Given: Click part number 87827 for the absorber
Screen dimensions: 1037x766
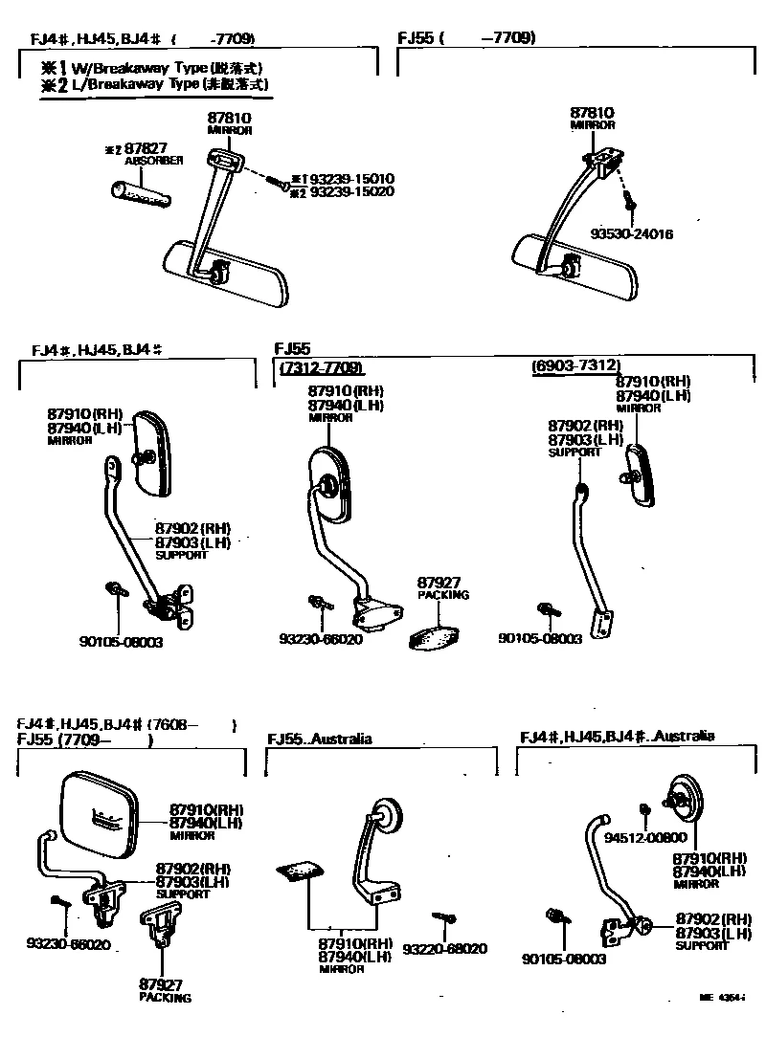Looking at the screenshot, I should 147,148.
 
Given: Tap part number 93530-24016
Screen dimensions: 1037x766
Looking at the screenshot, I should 631,233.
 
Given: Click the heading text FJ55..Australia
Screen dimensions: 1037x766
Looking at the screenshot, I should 321,739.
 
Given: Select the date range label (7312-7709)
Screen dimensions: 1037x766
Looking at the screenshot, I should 323,368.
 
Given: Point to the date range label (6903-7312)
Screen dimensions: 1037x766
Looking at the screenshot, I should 575,366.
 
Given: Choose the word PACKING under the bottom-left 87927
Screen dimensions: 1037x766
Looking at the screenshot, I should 165,998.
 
